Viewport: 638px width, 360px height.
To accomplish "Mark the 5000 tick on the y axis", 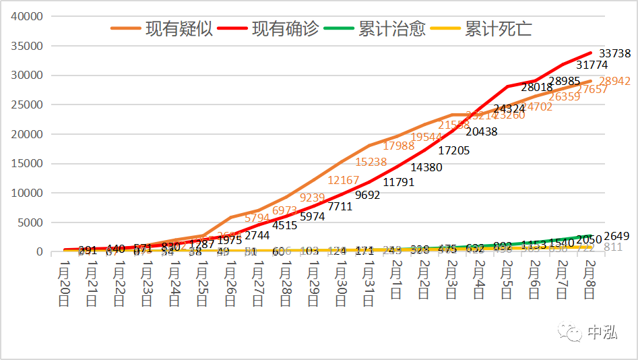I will point(31,222).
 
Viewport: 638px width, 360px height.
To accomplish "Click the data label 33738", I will point(614,54).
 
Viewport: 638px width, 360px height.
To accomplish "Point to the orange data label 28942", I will point(614,82).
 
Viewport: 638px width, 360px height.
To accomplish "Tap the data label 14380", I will point(426,167).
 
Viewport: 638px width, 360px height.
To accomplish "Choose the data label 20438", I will point(481,132).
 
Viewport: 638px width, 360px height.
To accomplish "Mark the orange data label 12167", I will point(343,180).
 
